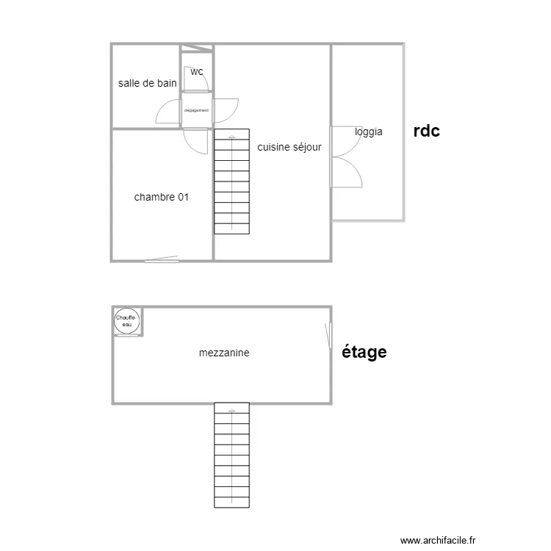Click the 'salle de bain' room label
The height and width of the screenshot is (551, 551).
(x=147, y=83)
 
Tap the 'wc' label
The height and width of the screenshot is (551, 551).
(x=197, y=72)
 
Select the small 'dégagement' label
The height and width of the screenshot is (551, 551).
(x=196, y=110)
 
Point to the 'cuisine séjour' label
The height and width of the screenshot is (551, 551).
(x=289, y=147)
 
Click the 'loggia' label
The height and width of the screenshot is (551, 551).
(x=368, y=132)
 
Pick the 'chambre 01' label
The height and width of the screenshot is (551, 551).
(x=162, y=197)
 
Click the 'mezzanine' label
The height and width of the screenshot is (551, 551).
(x=224, y=353)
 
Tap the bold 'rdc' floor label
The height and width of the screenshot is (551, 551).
(x=427, y=132)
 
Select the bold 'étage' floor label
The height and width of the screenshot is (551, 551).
(x=365, y=353)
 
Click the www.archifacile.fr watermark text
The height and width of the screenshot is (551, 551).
(x=439, y=539)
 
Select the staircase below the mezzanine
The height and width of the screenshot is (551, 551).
(x=231, y=455)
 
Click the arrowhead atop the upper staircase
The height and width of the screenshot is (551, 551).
(x=232, y=137)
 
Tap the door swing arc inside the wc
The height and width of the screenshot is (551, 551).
(x=203, y=79)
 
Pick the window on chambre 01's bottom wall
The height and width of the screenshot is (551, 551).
(x=162, y=259)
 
